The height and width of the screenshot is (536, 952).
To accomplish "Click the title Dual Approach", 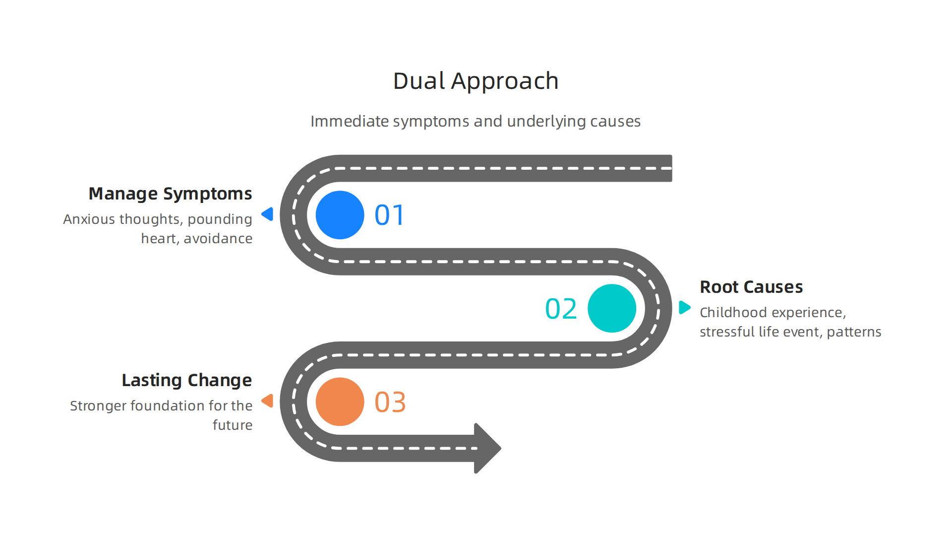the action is (476, 81).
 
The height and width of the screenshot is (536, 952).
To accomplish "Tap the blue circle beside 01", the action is (340, 215).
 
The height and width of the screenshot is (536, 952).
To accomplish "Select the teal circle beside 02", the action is (612, 308).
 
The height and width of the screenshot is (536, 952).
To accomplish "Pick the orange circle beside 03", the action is (340, 402).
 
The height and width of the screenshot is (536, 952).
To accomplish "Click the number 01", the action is (390, 215).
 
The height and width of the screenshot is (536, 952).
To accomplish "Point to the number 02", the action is (561, 309).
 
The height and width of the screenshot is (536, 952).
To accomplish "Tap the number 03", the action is (390, 402).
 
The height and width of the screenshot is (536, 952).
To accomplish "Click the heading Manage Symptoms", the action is (170, 194).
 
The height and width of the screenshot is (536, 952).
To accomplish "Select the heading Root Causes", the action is (751, 287).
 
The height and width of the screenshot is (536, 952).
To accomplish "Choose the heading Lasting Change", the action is (187, 380).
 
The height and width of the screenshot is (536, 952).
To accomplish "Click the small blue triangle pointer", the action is (268, 214).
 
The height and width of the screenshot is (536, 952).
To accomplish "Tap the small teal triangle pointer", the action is (685, 307).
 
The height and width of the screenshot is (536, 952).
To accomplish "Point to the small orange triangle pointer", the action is (268, 401).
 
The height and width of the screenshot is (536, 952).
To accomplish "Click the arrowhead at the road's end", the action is (487, 448).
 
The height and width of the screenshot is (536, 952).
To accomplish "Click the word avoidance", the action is (218, 239).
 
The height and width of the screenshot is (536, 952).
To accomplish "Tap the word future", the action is (233, 425).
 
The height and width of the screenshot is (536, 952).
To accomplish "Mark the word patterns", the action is (854, 332).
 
